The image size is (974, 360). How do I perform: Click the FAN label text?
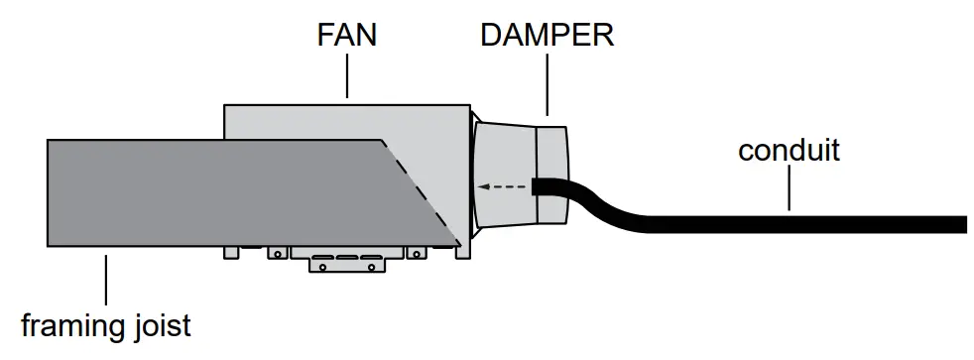pos(347,36)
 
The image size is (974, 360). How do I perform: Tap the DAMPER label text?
pos(547,36)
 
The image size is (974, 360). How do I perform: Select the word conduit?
pos(789,151)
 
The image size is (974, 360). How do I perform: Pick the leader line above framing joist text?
pos(104,280)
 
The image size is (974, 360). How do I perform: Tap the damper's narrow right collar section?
pos(551,159)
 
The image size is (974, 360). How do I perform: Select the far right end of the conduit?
pos(960,224)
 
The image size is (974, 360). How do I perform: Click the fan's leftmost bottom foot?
pos(231,253)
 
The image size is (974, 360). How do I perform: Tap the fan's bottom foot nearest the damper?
pos(462,253)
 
